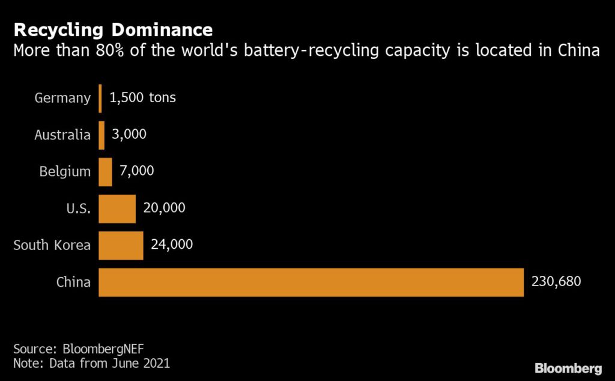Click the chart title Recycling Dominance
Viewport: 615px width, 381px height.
(113, 30)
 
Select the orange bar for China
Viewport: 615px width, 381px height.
(311, 282)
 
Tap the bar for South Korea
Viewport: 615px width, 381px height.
(121, 245)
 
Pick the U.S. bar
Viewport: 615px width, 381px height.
(117, 209)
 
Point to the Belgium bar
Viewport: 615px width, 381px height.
(105, 172)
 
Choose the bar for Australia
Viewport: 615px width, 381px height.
(101, 135)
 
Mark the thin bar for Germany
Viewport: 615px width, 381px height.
(100, 99)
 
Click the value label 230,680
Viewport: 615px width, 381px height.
(556, 281)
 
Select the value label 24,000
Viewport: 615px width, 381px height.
(172, 245)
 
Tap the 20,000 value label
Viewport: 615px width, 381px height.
(165, 208)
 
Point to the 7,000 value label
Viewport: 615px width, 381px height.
(137, 171)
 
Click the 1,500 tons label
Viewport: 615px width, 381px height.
(143, 98)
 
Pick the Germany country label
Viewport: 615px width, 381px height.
(62, 99)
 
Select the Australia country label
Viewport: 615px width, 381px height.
(62, 135)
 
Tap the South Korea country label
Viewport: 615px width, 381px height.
(52, 245)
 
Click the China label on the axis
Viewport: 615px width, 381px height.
(74, 282)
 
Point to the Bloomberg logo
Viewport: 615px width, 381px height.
(568, 368)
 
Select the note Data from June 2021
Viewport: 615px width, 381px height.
(92, 363)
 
